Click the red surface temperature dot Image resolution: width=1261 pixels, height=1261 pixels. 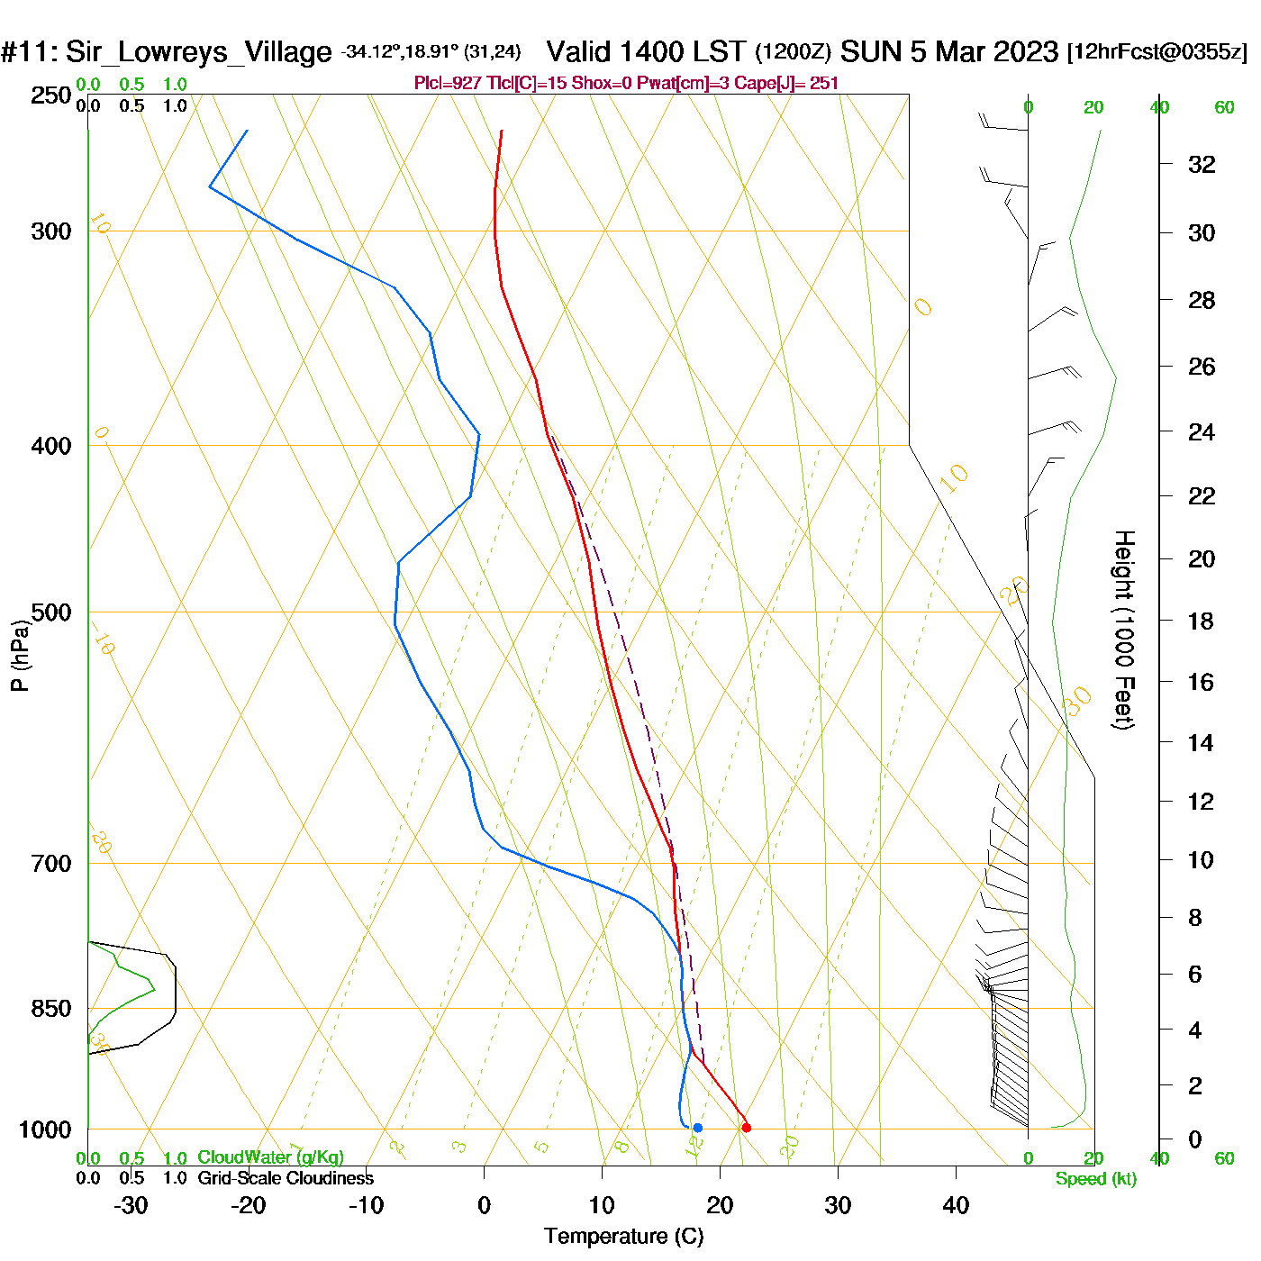746,1128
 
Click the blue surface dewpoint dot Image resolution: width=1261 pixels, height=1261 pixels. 697,1128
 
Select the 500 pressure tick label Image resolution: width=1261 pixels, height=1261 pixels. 51,612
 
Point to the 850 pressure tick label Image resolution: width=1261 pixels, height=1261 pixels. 51,1009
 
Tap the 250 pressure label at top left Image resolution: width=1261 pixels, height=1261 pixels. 51,95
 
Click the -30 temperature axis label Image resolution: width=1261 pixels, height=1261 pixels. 131,1205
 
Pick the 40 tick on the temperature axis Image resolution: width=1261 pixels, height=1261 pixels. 956,1205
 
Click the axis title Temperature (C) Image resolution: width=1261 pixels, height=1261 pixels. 623,1237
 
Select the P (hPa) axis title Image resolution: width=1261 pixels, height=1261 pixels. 20,656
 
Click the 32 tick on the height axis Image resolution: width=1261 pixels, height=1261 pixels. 1202,165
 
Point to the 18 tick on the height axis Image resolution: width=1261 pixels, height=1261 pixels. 1201,621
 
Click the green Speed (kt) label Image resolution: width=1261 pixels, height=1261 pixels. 1096,1179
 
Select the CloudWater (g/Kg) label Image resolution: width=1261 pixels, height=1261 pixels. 270,1157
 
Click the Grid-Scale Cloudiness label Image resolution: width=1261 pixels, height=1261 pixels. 286,1178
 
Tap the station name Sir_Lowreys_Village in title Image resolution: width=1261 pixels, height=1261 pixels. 198,52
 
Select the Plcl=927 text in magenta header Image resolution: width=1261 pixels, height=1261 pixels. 448,84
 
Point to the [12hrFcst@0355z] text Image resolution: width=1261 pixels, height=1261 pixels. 1157,52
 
